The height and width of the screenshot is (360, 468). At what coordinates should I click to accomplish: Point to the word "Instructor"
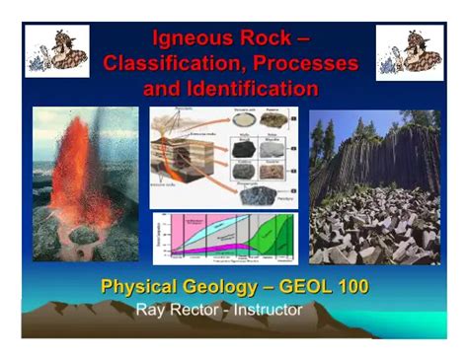click(x=267, y=309)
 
